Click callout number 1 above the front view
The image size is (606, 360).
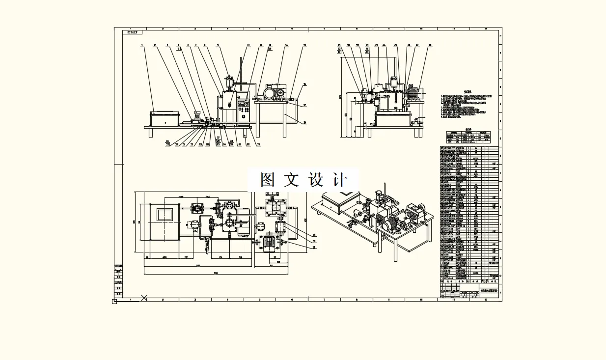point(141,46)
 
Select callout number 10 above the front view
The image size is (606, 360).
point(248,46)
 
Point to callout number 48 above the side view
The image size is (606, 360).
point(430,46)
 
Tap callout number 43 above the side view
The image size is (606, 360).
point(377,46)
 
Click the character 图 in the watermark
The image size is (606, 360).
point(267,180)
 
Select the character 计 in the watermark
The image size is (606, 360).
point(339,180)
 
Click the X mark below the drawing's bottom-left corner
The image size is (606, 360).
point(144,297)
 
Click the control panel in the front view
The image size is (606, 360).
point(244,111)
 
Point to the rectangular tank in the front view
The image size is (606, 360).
point(165,119)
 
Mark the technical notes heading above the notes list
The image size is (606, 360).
point(468,91)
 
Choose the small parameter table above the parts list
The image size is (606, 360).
point(468,136)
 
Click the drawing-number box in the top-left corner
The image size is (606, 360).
point(131,32)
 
